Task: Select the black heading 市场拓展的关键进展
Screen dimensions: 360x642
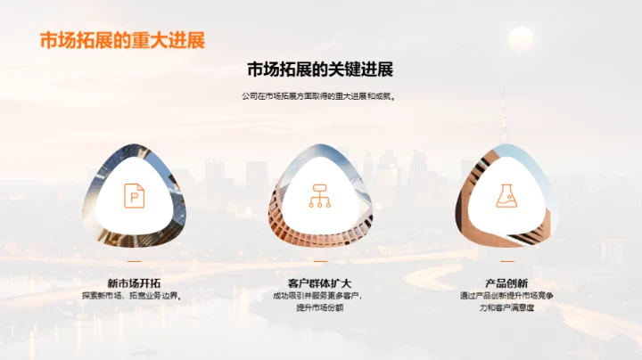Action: (320, 70)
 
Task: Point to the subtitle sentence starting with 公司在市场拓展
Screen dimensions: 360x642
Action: (320, 96)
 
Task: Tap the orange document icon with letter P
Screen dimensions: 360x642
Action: (134, 195)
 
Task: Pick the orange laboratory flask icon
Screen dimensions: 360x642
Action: (506, 195)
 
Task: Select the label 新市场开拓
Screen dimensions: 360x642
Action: (134, 282)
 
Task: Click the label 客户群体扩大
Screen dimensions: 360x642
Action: (320, 282)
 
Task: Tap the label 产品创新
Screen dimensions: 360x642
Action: (506, 282)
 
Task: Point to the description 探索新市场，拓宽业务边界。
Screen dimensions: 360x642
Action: (134, 296)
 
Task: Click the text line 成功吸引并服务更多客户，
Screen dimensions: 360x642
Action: (320, 296)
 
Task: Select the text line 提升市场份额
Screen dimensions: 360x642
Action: (320, 308)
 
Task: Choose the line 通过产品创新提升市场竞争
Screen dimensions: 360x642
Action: (506, 296)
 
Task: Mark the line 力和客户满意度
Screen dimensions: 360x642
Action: (506, 308)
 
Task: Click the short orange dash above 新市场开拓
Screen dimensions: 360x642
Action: (134, 262)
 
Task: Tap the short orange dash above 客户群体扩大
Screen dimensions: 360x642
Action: (320, 262)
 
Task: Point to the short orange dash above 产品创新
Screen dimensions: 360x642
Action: (506, 262)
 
